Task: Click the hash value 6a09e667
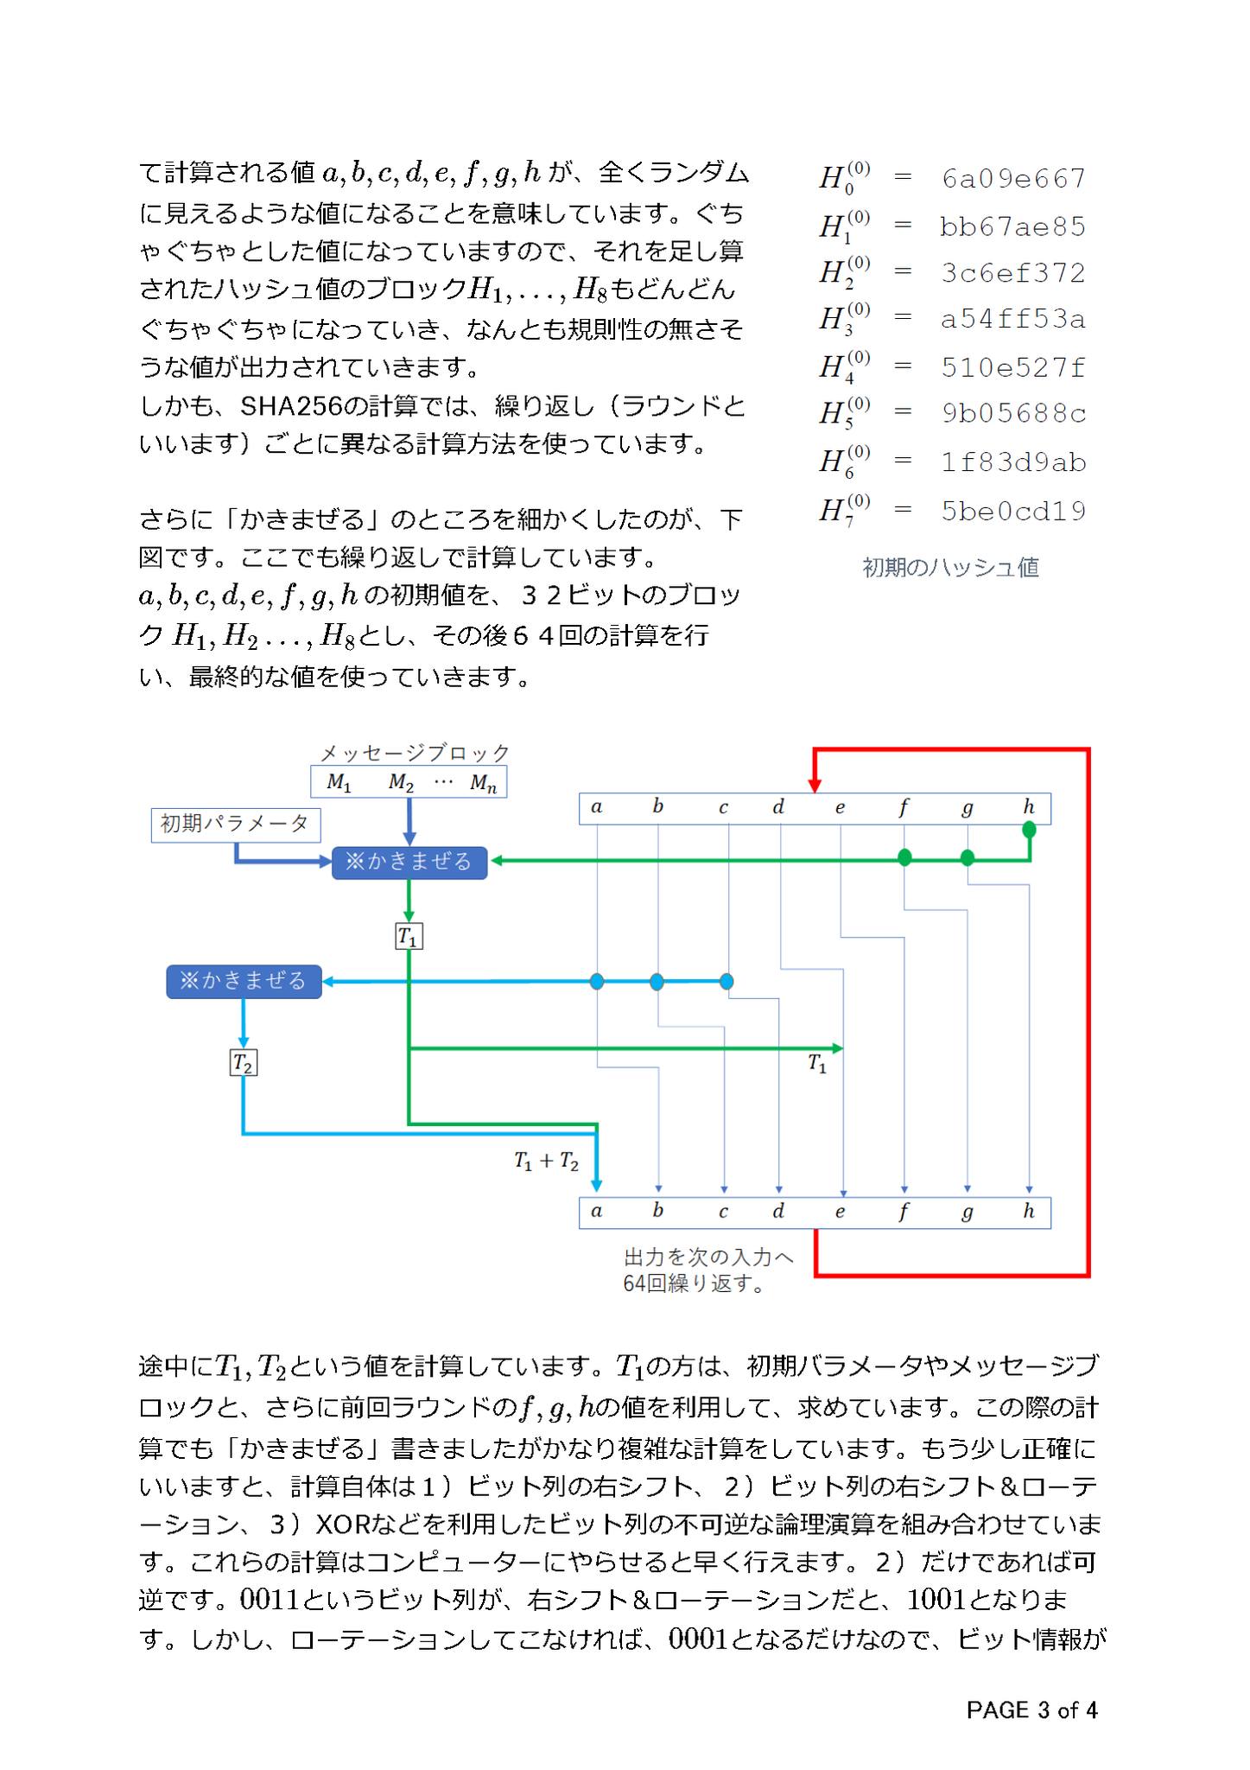[x=1012, y=179]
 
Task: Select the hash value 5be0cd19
[x=1012, y=511]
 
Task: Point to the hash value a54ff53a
[x=1012, y=320]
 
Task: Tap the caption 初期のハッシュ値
[x=950, y=567]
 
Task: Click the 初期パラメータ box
[x=235, y=824]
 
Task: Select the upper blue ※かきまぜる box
[x=409, y=862]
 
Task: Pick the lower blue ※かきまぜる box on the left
[x=244, y=981]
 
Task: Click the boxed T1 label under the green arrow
[x=409, y=936]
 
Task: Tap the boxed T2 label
[x=244, y=1062]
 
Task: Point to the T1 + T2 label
[x=546, y=1161]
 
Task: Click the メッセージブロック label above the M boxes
[x=415, y=753]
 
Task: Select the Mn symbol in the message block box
[x=483, y=783]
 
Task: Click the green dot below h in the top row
[x=1029, y=830]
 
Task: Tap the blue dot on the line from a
[x=597, y=981]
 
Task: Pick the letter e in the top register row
[x=840, y=807]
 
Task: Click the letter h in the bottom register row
[x=1028, y=1211]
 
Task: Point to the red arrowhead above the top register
[x=815, y=784]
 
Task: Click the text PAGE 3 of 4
[x=1031, y=1710]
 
